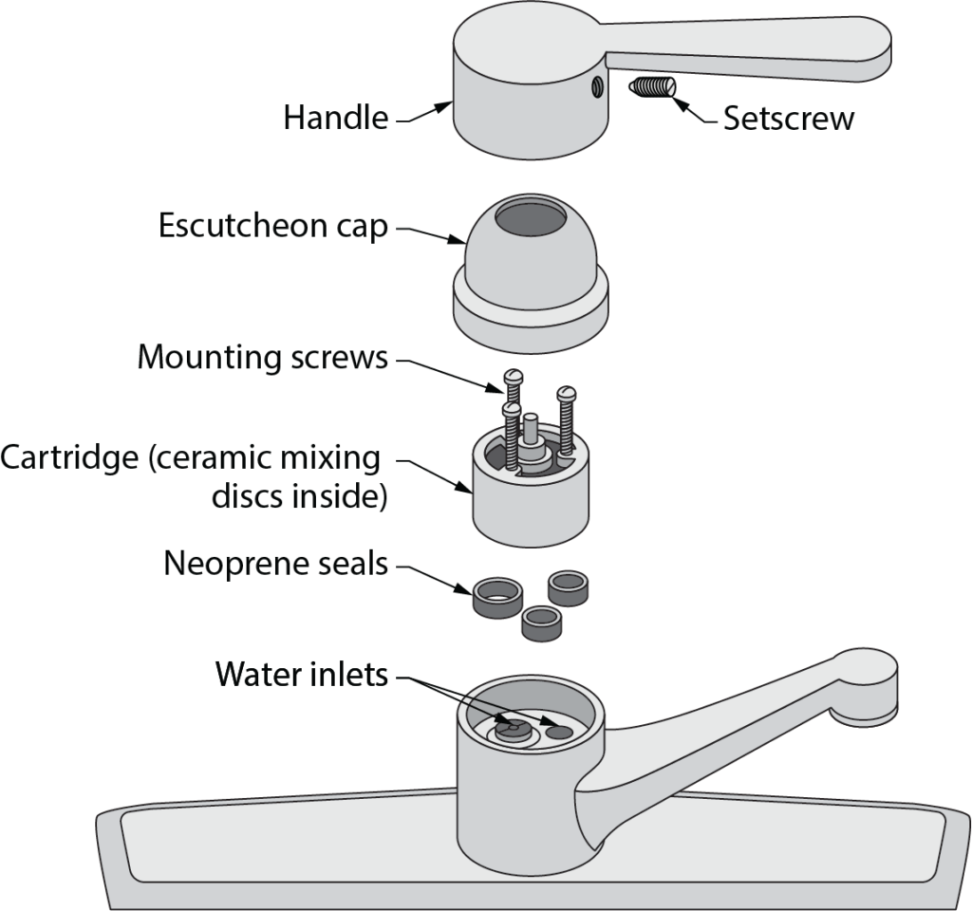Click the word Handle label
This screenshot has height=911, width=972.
[335, 118]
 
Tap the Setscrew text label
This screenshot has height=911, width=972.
[788, 118]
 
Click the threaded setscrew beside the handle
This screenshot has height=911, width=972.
[651, 90]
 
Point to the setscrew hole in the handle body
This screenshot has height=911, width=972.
[595, 88]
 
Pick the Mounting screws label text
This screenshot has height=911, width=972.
[262, 358]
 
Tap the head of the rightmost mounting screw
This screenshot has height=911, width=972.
[567, 392]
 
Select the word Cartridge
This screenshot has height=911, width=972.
[69, 458]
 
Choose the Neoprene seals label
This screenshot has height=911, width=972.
[275, 563]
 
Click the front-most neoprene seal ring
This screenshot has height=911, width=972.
[542, 623]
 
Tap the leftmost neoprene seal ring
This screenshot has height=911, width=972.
[497, 598]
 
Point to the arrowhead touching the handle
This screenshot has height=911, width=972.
[444, 107]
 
